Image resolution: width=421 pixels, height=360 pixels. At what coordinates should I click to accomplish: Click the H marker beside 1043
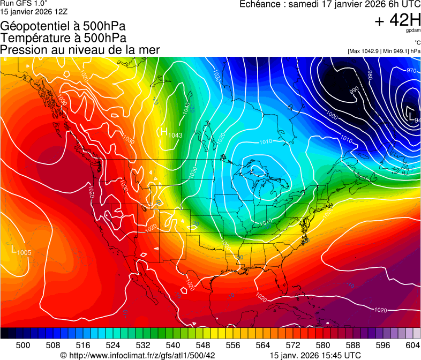point(164,131)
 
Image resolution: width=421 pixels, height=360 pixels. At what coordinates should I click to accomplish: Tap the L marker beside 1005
point(14,249)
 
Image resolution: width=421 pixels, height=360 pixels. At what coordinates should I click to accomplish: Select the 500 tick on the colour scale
point(23,344)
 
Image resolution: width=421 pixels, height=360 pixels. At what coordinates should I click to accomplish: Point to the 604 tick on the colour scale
point(413,344)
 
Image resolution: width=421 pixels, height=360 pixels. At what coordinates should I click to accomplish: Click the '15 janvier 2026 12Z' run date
point(33,11)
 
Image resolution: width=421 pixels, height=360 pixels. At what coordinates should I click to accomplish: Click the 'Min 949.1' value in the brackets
point(395,51)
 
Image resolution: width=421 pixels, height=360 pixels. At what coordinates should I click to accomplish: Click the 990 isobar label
point(354,91)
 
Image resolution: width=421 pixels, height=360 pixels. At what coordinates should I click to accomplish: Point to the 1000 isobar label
point(332,115)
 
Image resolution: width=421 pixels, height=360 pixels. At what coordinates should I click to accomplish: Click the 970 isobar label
point(411,71)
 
